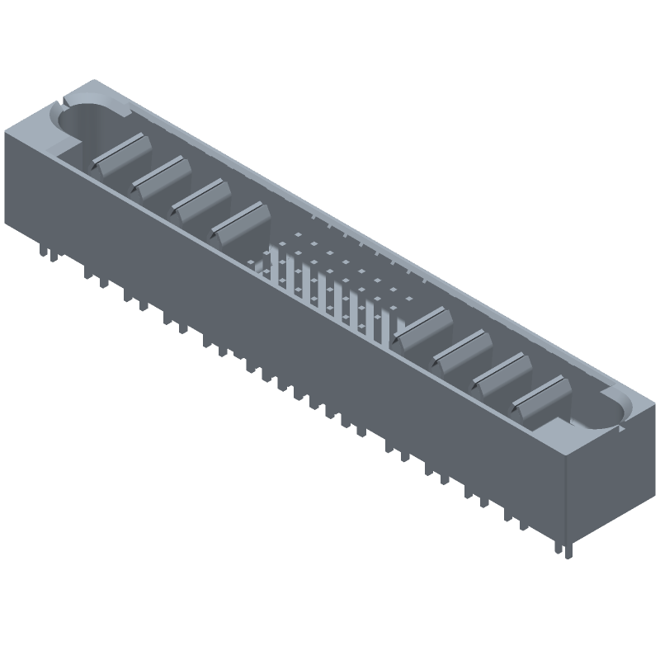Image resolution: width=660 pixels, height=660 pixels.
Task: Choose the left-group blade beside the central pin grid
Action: coord(242,223)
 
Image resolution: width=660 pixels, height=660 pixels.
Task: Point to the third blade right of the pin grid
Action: coord(501,372)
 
